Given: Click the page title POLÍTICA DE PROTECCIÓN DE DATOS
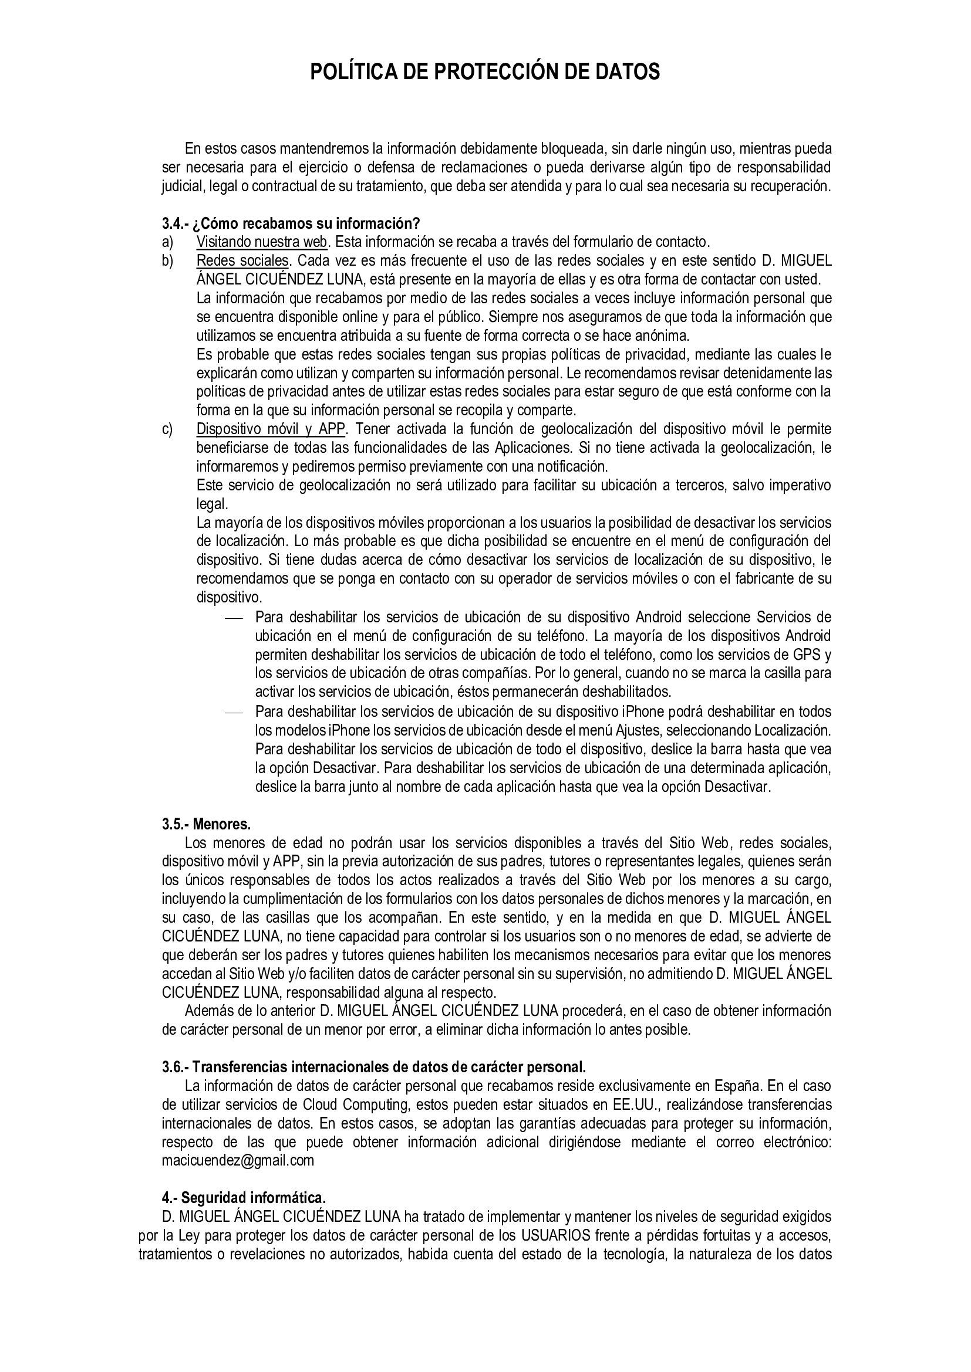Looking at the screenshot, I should [485, 72].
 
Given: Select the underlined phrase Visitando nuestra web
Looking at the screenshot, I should [262, 242].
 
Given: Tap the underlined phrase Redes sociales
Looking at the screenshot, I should [243, 260].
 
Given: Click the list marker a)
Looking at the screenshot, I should [167, 242].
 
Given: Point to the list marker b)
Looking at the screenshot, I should [167, 260].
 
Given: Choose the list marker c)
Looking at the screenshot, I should [167, 429].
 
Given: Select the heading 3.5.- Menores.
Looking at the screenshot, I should [206, 824].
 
